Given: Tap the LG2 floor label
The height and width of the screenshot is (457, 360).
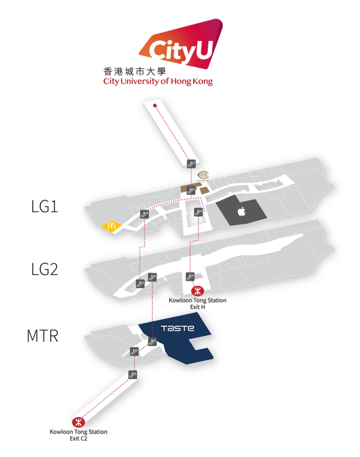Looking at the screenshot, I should (45, 270).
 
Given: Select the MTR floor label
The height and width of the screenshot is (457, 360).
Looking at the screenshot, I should (42, 336).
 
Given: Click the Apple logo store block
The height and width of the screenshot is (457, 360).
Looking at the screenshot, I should (242, 212).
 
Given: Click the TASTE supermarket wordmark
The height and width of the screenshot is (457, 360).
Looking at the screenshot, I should (178, 328).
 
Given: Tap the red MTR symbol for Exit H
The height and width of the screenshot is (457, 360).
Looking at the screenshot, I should (196, 291).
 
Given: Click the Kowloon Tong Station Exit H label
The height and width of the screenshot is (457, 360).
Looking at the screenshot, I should (197, 303).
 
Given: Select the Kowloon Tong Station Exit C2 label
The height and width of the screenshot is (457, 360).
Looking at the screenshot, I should (78, 435).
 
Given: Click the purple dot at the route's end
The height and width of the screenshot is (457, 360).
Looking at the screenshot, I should (155, 106).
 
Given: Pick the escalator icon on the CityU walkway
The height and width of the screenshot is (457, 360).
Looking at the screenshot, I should (192, 163).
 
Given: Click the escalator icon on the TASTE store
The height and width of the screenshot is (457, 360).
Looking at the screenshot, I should (153, 342).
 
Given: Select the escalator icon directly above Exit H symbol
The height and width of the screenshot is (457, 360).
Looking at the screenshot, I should (190, 277).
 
